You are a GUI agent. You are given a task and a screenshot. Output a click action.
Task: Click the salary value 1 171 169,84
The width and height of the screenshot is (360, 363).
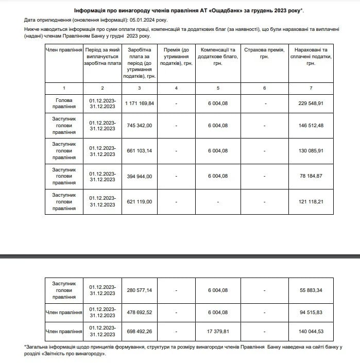tap(139, 103)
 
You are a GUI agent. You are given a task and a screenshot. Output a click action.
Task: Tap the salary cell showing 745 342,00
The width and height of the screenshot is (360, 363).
tap(139, 126)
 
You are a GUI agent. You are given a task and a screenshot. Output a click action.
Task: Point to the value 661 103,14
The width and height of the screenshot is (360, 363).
tap(139, 151)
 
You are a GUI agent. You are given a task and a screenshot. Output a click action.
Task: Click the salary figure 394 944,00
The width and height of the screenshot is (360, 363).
tap(139, 176)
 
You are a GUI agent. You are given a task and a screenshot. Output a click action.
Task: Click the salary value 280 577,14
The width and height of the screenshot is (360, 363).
tap(139, 290)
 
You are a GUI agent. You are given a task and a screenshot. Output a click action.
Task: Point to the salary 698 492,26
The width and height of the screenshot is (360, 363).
tap(139, 331)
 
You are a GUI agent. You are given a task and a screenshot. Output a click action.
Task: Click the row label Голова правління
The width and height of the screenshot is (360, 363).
tap(64, 103)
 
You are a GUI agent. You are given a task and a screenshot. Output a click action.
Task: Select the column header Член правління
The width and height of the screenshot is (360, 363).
tap(64, 50)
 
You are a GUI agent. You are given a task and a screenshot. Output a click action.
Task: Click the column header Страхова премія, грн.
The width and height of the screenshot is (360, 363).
tap(265, 54)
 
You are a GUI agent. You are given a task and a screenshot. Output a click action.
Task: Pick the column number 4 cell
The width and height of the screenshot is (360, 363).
tap(176, 88)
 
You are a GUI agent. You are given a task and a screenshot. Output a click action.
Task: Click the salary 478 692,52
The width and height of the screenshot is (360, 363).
tap(139, 312)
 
